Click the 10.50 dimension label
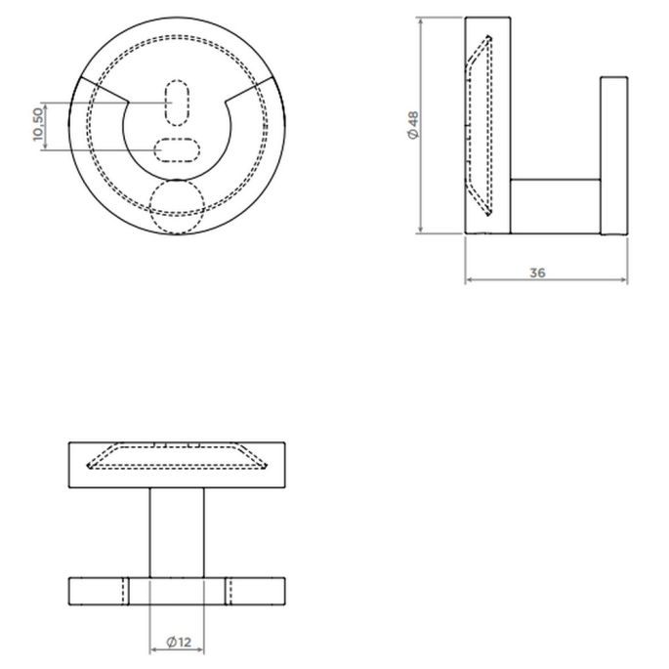coord(38,126)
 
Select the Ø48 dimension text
coord(413,126)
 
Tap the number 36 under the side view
coord(536,272)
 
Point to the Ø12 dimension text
coord(178,642)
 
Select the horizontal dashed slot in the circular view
coord(177,149)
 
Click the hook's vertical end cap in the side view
coord(613,155)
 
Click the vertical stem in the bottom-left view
coord(177,532)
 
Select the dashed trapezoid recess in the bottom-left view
coord(177,457)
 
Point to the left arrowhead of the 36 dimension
coord(470,280)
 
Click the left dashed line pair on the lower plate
coord(126,591)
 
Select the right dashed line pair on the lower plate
coord(229,591)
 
